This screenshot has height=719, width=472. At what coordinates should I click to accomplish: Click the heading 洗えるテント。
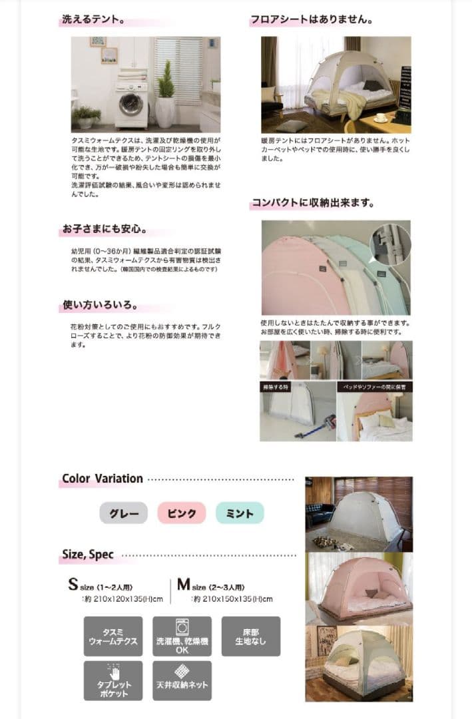coord(94,20)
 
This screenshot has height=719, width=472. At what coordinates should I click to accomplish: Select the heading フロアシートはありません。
coord(311,20)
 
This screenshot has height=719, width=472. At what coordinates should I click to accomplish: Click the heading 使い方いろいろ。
coord(100,306)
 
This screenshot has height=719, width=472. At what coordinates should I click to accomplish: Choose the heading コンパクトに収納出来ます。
coord(312,202)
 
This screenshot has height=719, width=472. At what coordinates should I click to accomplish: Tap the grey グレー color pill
coord(124,513)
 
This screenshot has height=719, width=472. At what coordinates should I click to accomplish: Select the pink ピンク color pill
coord(182,513)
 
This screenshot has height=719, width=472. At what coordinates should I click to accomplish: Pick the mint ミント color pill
coord(240,513)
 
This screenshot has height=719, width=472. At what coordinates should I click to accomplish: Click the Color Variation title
coord(102,479)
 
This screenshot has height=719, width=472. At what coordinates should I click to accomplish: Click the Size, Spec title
coord(88,554)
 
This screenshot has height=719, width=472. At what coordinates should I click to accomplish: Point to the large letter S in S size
coord(73,585)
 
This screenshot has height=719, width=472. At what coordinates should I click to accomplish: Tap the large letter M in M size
coord(183,585)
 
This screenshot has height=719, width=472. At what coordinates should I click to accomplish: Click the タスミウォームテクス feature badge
coord(113,636)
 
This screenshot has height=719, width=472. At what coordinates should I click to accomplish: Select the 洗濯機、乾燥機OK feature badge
coord(182,636)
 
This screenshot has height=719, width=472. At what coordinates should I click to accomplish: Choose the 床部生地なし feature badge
coord(251,636)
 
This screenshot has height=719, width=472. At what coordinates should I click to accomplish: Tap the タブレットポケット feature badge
coord(113,680)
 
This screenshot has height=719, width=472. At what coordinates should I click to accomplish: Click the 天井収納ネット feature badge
coord(182,680)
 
